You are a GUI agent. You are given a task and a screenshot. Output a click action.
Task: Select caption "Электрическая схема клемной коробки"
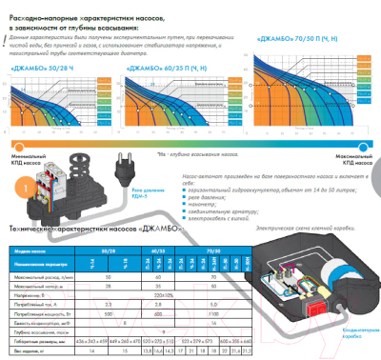click(295, 203)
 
